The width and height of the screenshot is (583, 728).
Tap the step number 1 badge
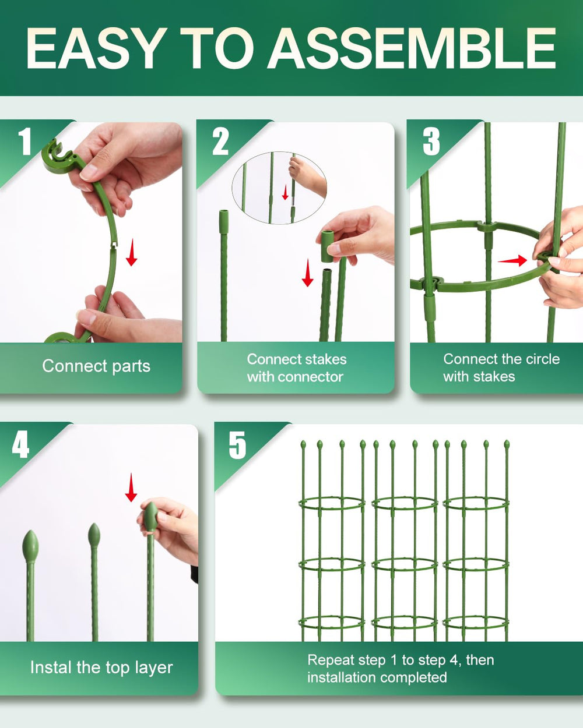24,142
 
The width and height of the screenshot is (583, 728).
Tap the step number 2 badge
220,142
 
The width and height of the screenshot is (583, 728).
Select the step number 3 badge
431,142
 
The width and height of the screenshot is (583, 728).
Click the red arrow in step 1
131,252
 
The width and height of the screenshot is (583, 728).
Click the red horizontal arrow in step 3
512,260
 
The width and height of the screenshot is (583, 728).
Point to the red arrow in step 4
131,487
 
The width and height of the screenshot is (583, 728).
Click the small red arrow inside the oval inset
285,192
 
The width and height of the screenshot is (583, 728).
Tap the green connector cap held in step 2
327,246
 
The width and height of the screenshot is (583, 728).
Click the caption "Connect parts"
96,366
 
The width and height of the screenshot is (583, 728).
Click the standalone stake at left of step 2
224,275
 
